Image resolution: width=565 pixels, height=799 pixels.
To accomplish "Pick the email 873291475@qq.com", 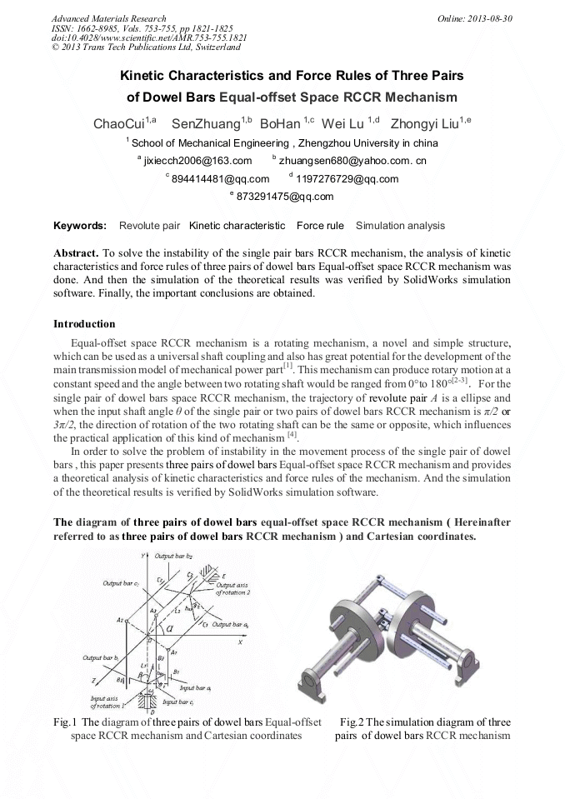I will click(285, 197).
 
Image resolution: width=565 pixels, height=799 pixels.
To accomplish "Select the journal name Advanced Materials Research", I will click(108, 18).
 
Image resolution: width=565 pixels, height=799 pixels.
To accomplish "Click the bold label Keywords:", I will click(80, 226).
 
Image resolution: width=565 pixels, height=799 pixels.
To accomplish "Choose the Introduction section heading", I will click(84, 323).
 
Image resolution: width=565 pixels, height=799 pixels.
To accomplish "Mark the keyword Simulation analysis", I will click(400, 226).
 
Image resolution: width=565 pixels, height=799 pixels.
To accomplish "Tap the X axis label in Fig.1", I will click(239, 642).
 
